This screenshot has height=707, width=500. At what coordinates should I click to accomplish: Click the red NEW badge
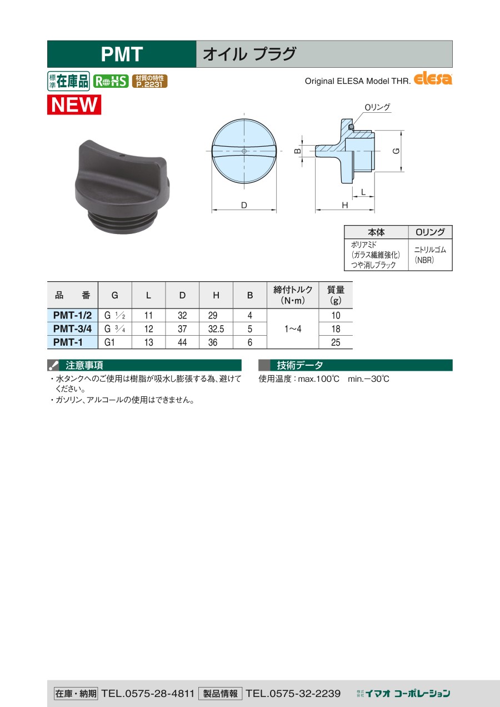tap(74, 104)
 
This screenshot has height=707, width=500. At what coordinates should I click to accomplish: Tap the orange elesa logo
tap(433, 79)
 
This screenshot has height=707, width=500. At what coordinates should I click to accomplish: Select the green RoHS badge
tap(111, 81)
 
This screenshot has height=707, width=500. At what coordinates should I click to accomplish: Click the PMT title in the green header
tap(122, 54)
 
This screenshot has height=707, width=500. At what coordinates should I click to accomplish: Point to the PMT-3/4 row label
tap(72, 328)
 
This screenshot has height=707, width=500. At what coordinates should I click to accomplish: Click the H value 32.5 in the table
tap(216, 329)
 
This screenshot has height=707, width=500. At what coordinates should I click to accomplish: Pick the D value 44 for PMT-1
tap(182, 342)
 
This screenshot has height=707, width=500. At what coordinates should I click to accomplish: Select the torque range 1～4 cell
tap(293, 329)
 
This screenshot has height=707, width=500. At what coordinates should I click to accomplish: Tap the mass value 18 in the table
tap(336, 329)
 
